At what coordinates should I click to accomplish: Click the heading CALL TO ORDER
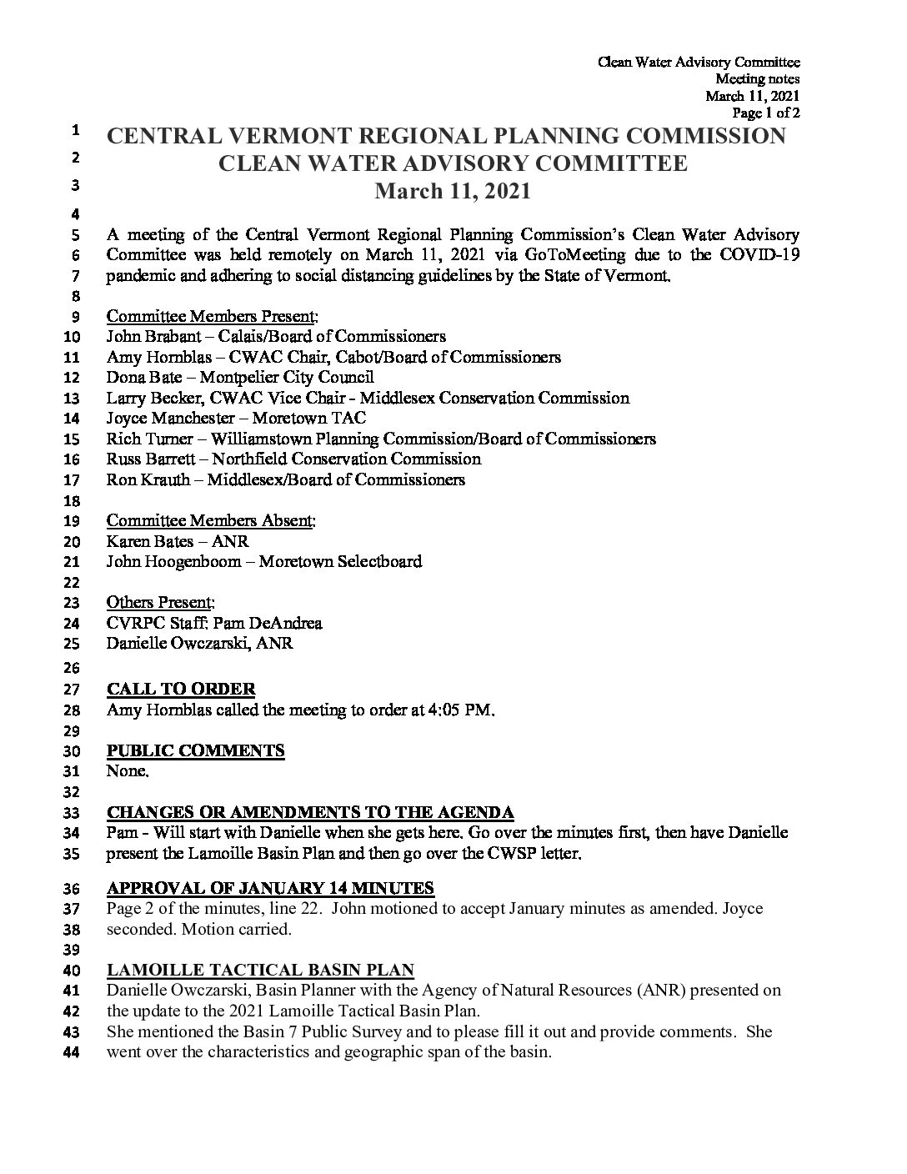tap(181, 690)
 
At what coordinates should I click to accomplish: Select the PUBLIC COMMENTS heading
tap(196, 750)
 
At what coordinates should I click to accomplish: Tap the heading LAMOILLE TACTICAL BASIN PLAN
tap(261, 970)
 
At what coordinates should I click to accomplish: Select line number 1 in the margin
tap(75, 130)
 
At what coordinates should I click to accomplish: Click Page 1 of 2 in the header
tap(765, 113)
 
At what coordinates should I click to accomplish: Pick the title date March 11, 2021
tap(453, 192)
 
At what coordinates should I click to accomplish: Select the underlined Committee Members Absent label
tap(211, 521)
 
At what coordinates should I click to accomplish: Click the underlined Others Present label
tap(160, 602)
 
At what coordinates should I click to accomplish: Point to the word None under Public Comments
tap(127, 771)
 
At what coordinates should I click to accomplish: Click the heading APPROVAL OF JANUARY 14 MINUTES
tap(271, 888)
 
